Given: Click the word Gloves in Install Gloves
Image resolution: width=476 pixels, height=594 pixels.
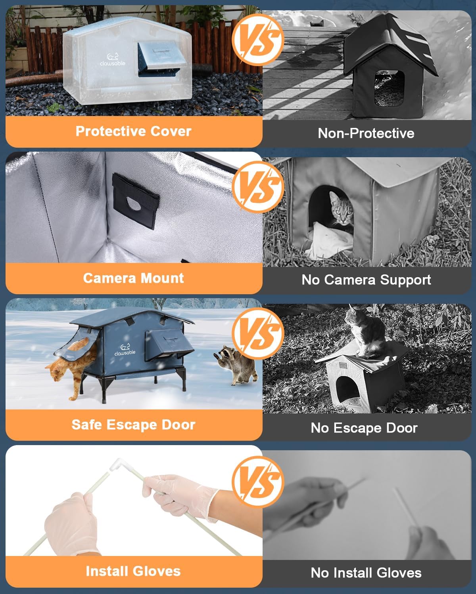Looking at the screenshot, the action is (x=157, y=571).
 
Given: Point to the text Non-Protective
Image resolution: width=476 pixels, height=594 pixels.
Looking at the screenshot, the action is (x=366, y=133).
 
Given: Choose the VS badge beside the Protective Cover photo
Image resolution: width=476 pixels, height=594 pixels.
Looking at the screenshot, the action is (x=258, y=40).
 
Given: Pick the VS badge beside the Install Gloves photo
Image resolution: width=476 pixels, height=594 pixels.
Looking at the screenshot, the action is (x=258, y=482).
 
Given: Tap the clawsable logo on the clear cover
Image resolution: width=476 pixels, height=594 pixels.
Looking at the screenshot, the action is (x=113, y=60).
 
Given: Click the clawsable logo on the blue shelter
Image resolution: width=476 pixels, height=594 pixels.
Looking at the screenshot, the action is (x=125, y=350).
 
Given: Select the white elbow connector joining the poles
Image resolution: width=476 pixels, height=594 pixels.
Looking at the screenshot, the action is (x=117, y=464).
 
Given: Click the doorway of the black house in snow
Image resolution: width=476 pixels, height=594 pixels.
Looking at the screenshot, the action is (x=389, y=88).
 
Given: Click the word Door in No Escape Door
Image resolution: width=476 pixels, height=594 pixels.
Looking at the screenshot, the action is (x=402, y=428).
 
